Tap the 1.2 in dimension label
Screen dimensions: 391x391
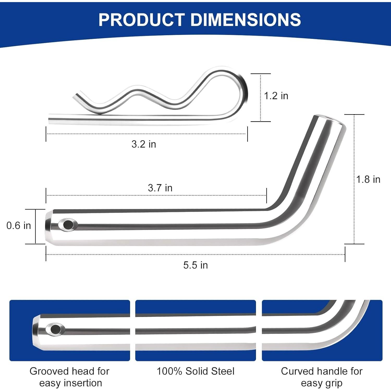[x=276, y=96]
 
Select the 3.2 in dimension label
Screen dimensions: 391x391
[x=144, y=144]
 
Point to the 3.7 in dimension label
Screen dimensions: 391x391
[x=160, y=188]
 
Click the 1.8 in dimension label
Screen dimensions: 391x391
[x=368, y=179]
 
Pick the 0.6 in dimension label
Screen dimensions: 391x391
[x=19, y=225]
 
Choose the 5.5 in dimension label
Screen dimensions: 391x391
[x=195, y=265]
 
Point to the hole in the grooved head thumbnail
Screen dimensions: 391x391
[x=55, y=329]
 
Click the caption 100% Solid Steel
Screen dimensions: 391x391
[x=195, y=371]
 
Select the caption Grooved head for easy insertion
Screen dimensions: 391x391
[x=70, y=377]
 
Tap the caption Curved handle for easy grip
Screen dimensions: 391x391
[x=322, y=377]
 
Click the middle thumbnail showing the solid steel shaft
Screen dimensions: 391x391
[x=195, y=330]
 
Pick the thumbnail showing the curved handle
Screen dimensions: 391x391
[x=322, y=330]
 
